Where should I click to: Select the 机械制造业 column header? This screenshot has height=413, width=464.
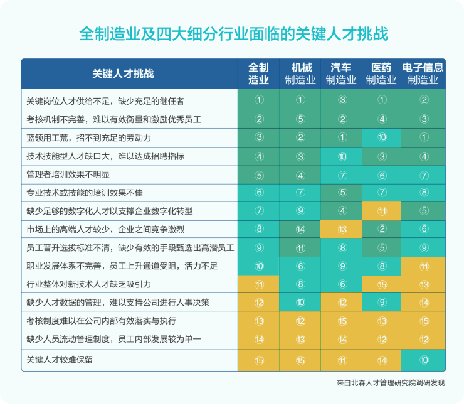coord(300,73)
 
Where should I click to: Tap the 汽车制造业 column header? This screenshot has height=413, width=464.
coord(341,73)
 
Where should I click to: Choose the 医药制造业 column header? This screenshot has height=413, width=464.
coord(381,73)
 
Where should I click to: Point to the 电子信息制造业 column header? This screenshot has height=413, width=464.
coord(423,73)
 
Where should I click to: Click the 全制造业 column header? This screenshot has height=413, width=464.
coord(259,73)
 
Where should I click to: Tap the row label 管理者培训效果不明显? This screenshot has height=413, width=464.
coord(68,174)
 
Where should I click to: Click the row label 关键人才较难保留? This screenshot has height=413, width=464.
coord(63,360)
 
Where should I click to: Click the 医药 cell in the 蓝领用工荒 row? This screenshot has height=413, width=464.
coord(382,137)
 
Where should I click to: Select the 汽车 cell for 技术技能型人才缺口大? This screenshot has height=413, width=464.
coord(342,156)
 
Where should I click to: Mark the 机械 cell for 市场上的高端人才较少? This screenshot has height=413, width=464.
coord(300,230)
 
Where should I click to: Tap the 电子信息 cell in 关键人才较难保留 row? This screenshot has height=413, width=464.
coord(424,360)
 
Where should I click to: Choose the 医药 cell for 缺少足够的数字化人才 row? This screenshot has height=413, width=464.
coord(382,212)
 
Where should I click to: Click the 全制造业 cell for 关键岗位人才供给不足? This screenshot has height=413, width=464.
coord(259,100)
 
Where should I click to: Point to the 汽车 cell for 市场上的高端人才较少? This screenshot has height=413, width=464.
coord(342,230)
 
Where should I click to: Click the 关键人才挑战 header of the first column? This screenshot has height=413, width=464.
coord(123,73)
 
